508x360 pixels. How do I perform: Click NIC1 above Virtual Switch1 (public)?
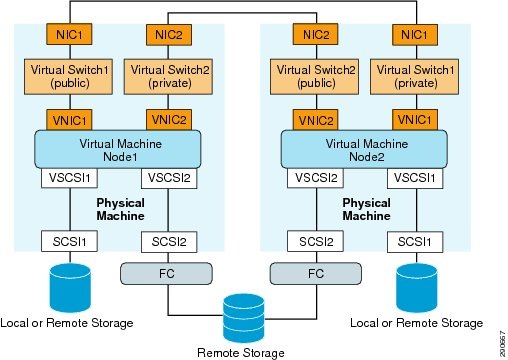67,34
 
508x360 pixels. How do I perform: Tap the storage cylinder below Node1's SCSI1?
67,289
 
